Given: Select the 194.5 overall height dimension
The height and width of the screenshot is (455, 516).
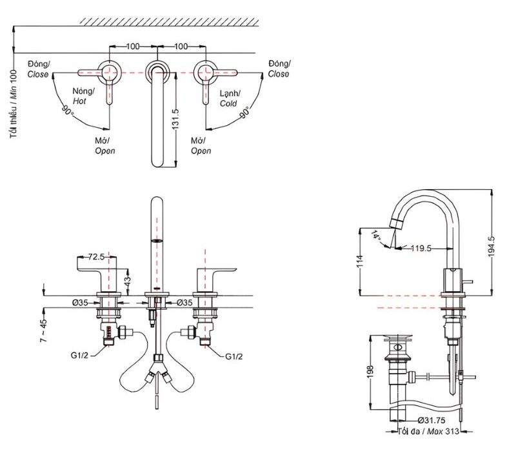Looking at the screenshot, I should [x=492, y=247].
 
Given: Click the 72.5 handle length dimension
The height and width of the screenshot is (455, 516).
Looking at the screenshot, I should [x=97, y=257].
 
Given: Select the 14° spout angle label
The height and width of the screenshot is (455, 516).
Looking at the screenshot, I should [x=376, y=236].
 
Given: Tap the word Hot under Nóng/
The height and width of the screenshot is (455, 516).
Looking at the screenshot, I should [x=79, y=101].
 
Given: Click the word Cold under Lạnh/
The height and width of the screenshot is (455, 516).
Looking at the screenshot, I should [x=228, y=103].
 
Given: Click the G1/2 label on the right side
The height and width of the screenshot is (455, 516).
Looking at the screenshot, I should [x=234, y=356].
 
